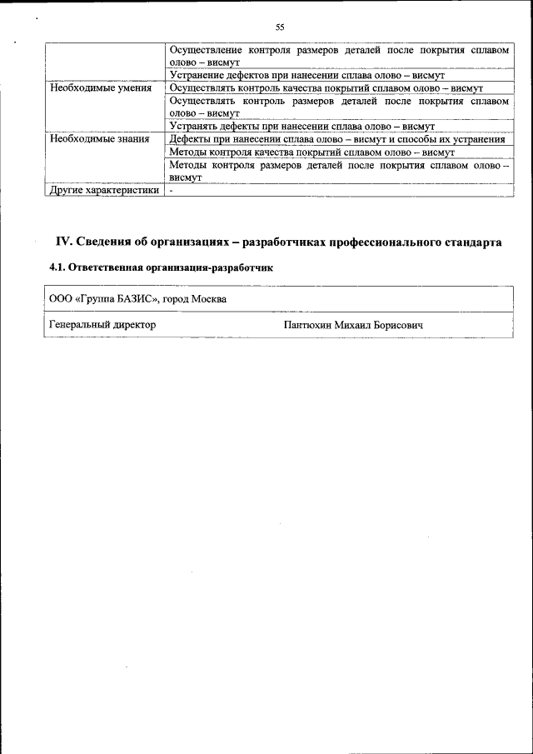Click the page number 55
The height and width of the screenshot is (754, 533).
click(280, 27)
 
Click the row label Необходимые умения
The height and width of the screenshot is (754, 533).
click(101, 87)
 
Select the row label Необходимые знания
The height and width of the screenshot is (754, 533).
click(100, 139)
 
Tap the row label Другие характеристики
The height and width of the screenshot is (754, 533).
click(104, 190)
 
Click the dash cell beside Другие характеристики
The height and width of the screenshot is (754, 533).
click(172, 190)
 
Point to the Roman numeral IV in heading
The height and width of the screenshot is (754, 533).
click(63, 242)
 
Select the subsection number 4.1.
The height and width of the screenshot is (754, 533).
click(58, 268)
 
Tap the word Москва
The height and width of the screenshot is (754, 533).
click(207, 299)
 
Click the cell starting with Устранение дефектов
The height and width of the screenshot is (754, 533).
click(301, 75)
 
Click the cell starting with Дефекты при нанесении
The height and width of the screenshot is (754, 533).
click(336, 139)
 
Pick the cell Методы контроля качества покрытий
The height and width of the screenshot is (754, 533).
click(311, 152)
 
